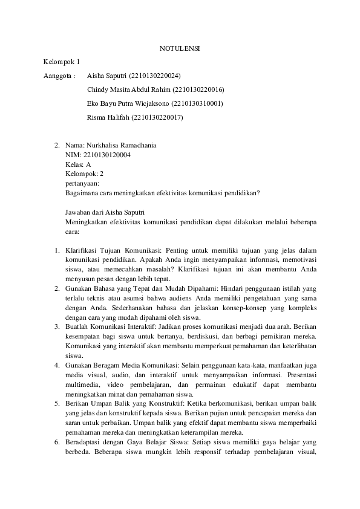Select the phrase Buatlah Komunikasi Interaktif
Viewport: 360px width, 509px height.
click(111, 326)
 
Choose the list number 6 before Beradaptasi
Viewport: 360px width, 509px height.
click(56, 442)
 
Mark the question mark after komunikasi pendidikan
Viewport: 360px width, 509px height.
click(258, 193)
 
